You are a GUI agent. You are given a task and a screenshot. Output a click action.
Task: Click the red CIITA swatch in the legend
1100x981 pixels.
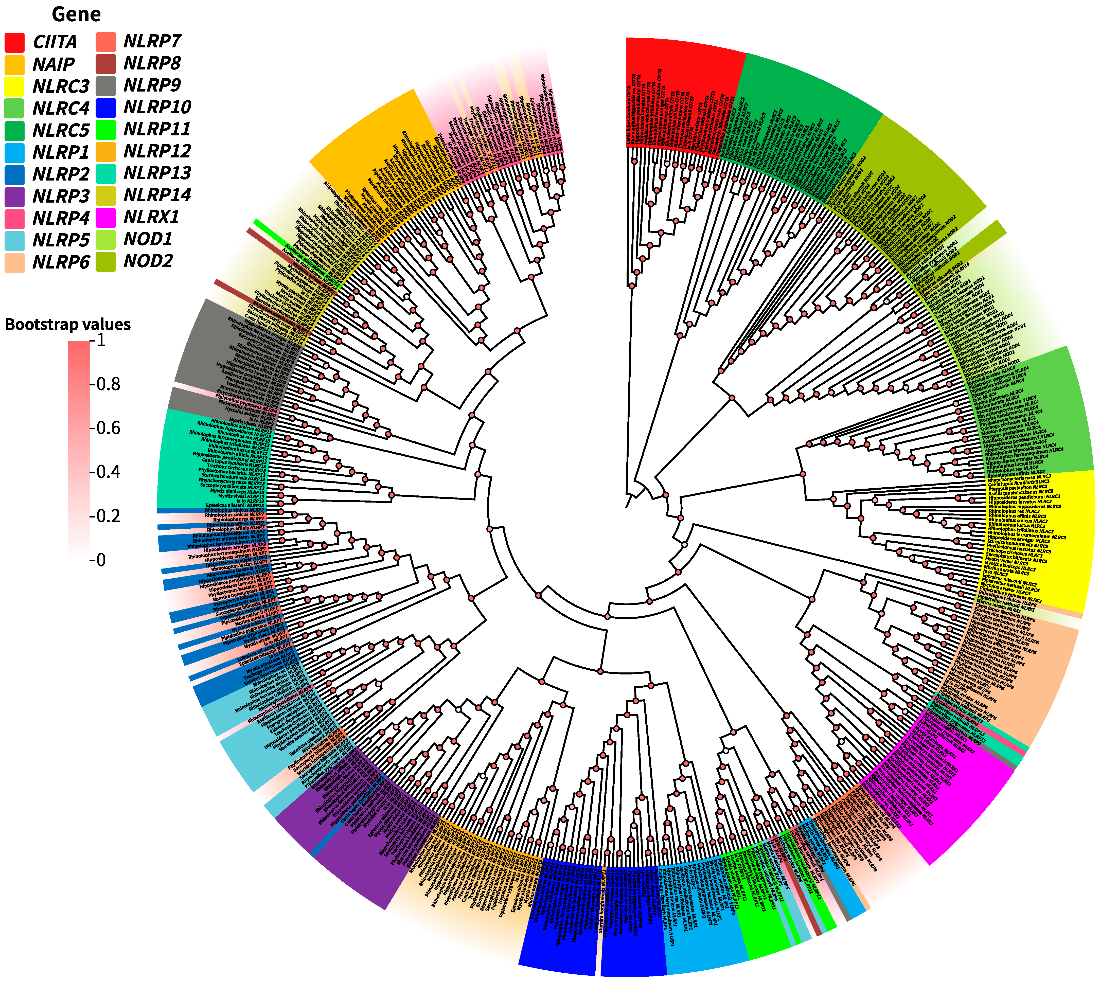tap(14, 42)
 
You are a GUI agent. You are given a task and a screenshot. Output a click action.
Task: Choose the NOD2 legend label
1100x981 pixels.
tap(148, 261)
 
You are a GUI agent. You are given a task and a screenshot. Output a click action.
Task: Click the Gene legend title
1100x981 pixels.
tap(76, 14)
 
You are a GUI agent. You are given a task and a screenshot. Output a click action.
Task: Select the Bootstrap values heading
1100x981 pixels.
tap(68, 325)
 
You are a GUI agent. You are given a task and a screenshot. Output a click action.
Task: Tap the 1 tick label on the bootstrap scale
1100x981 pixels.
tap(101, 341)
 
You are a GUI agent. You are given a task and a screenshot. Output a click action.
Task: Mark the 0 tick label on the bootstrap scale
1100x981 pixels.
tap(101, 560)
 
